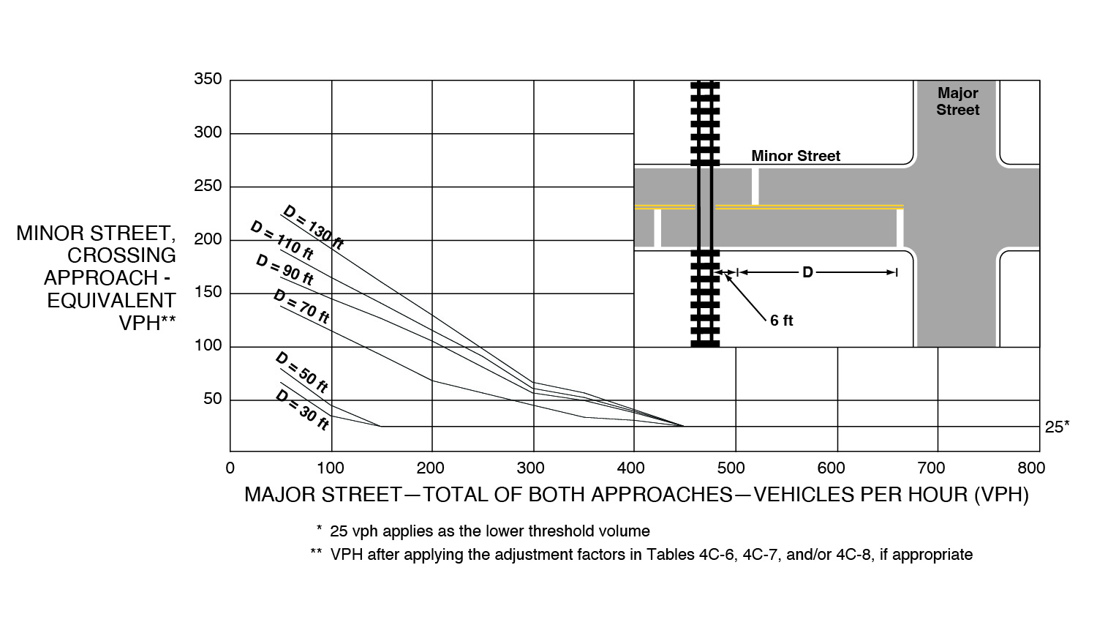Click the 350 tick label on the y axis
[208, 78]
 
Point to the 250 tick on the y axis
[208, 186]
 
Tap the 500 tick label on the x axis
[731, 468]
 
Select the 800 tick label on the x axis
[1031, 468]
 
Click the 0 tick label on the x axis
[230, 468]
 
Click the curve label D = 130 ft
[314, 227]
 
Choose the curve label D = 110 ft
[282, 240]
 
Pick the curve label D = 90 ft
[284, 269]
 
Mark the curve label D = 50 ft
[301, 373]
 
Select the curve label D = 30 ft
[301, 410]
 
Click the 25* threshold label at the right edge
[1057, 427]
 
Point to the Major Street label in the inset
[957, 102]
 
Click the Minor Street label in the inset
[796, 156]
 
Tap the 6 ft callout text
[781, 321]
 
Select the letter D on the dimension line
[807, 272]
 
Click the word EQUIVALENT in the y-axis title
[111, 301]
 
